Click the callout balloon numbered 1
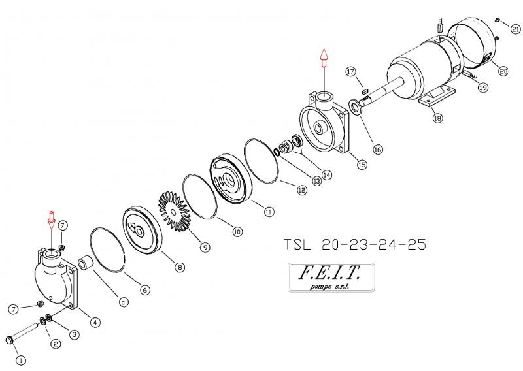21,360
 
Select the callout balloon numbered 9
205,247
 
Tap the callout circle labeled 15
362,164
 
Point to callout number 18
438,118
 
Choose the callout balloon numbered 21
516,29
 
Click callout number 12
302,190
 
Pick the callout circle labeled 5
124,302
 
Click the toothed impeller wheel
174,212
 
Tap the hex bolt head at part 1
9,340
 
